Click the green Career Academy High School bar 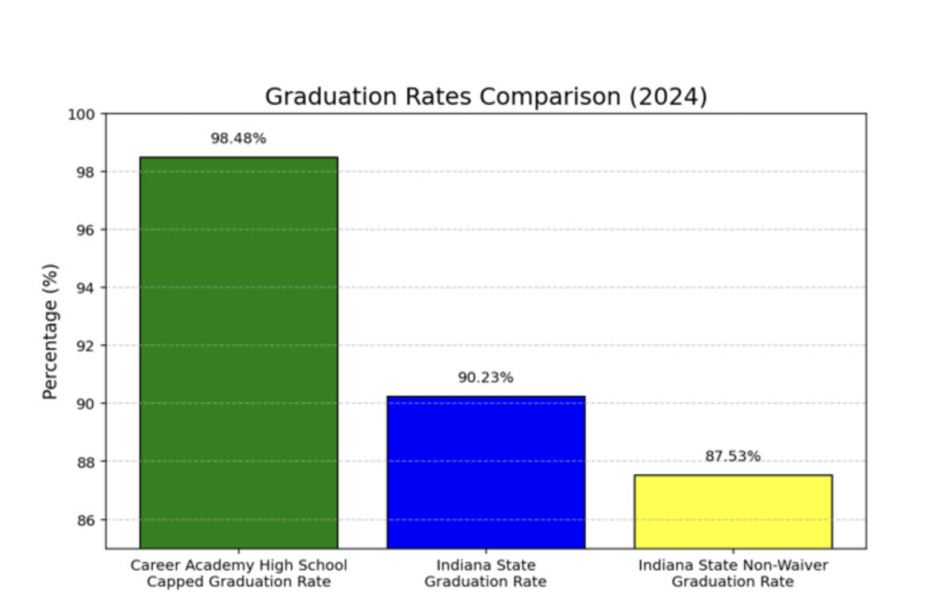239,353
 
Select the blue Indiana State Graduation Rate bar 486,472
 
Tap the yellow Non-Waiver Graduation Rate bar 733,512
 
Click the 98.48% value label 239,138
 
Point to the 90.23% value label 485,377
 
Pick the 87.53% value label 732,457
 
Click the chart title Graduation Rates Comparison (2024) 486,97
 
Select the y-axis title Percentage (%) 51,331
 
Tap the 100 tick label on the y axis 81,114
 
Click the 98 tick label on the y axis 86,172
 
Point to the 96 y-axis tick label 86,230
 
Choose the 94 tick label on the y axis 86,288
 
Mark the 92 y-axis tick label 86,346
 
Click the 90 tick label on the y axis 86,403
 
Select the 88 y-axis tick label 86,462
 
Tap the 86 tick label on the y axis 86,519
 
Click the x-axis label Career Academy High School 239,566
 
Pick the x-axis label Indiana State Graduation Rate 485,573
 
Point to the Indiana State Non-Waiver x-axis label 733,566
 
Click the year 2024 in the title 669,97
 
